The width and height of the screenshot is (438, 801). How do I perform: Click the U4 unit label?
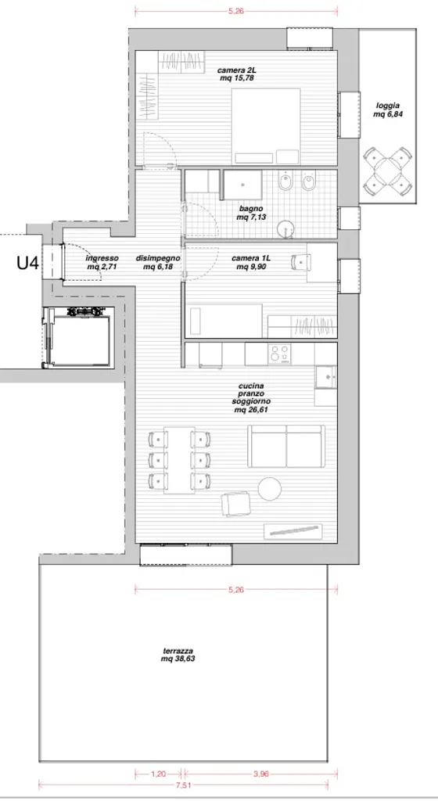(x=27, y=264)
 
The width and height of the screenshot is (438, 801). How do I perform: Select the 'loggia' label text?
(x=386, y=106)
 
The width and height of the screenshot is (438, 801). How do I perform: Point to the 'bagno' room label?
(x=250, y=209)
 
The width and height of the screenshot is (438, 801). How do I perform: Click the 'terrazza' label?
(x=178, y=651)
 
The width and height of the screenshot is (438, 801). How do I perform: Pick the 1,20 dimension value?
(x=158, y=774)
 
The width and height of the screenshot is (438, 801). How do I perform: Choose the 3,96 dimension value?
(x=260, y=774)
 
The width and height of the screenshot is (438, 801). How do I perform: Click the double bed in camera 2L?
(x=266, y=126)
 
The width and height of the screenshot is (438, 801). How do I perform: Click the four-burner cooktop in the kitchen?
(x=279, y=354)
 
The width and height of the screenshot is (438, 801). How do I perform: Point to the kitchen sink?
(x=325, y=378)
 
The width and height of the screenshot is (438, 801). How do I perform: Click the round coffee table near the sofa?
(x=270, y=488)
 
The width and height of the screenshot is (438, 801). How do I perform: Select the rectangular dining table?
(x=179, y=460)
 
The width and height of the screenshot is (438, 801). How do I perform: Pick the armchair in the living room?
(x=236, y=504)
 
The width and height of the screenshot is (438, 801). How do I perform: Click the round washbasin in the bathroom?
(x=286, y=229)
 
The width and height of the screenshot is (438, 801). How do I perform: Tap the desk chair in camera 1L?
(x=300, y=262)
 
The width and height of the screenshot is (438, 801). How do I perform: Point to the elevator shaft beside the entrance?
(x=79, y=337)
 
